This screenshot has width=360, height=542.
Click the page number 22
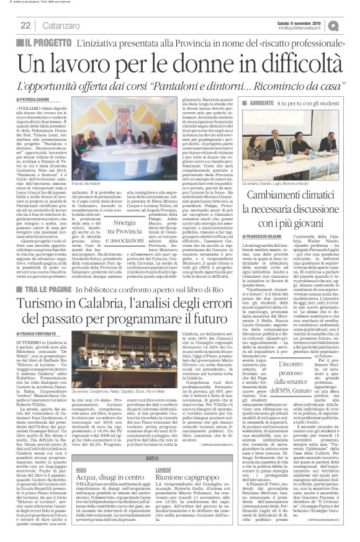pyautogui.click(x=25, y=25)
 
